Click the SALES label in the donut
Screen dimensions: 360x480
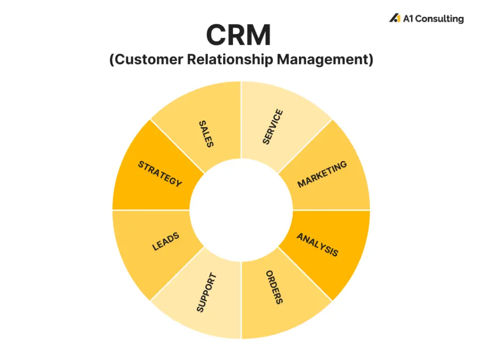[x=205, y=134]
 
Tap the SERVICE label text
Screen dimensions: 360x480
[x=273, y=127]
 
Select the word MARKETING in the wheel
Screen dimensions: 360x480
[x=322, y=175]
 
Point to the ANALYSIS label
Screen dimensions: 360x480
[x=317, y=244]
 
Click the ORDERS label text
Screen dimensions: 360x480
[x=274, y=287]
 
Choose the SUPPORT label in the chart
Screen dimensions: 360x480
[x=207, y=293]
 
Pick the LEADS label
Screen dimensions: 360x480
[x=166, y=241]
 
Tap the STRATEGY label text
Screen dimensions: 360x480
[x=160, y=174]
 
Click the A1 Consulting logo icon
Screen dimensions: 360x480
[x=394, y=18]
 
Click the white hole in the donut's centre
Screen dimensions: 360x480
[x=241, y=210]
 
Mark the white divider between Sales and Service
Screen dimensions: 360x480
[x=241, y=119]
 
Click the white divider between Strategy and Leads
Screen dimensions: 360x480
[x=151, y=210]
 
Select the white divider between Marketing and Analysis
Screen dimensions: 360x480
[x=331, y=210]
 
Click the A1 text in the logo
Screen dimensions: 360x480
[x=408, y=19]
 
